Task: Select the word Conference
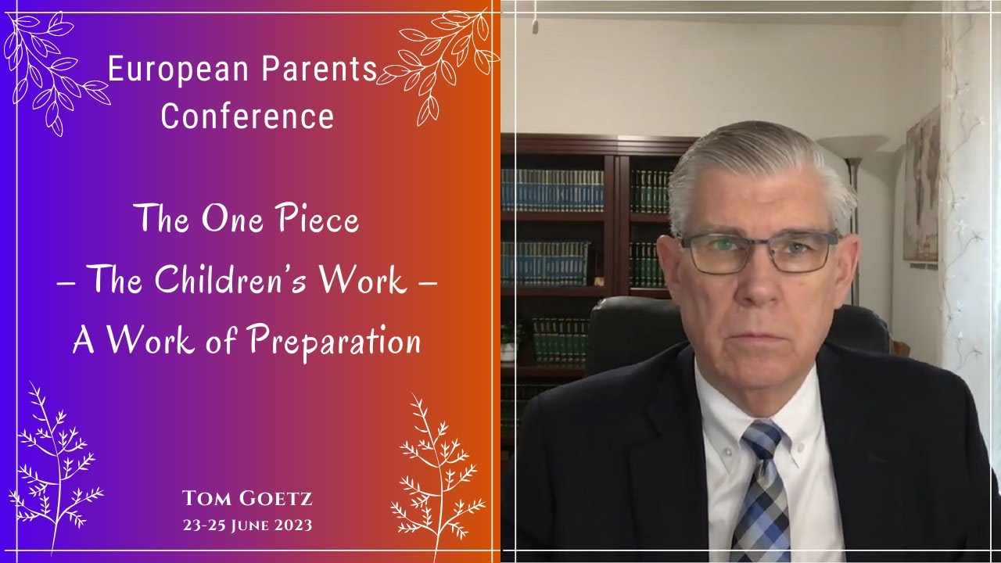click(x=247, y=117)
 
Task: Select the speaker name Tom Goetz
click(x=247, y=498)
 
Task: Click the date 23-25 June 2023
click(x=247, y=525)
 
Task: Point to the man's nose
click(x=755, y=281)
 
